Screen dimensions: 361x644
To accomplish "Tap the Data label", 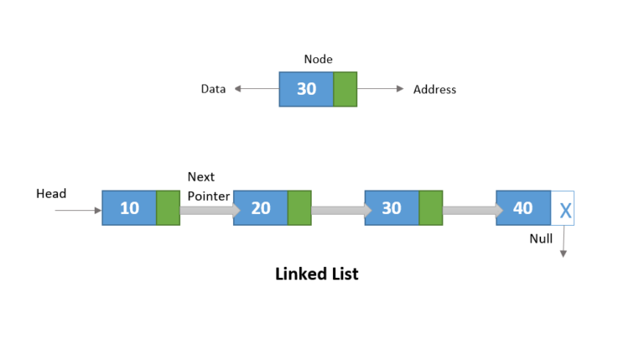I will pyautogui.click(x=213, y=89).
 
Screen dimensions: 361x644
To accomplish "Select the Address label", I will pyautogui.click(x=434, y=89).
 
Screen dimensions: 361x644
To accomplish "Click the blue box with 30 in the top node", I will pyautogui.click(x=306, y=89).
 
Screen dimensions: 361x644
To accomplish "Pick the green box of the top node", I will pyautogui.click(x=345, y=89).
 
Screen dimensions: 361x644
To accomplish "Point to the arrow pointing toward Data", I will pyautogui.click(x=256, y=89).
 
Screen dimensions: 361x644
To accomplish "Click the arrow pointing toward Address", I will pyautogui.click(x=382, y=89).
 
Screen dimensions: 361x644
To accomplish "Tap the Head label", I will pyautogui.click(x=51, y=194).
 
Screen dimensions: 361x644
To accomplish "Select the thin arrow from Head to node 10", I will pyautogui.click(x=78, y=209).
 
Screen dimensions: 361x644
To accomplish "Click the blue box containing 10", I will pyautogui.click(x=129, y=207).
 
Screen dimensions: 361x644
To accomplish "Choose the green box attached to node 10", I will pyautogui.click(x=168, y=207).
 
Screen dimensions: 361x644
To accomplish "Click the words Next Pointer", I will pyautogui.click(x=208, y=186).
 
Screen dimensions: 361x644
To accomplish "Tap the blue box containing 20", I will pyautogui.click(x=261, y=207).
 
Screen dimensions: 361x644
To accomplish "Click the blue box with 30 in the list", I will pyautogui.click(x=392, y=207).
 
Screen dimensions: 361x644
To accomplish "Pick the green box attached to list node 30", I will pyautogui.click(x=430, y=207).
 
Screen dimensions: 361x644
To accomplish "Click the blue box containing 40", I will pyautogui.click(x=523, y=207).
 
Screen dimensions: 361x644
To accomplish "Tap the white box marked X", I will pyautogui.click(x=563, y=208).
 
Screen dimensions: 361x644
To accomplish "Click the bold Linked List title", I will pyautogui.click(x=317, y=274).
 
